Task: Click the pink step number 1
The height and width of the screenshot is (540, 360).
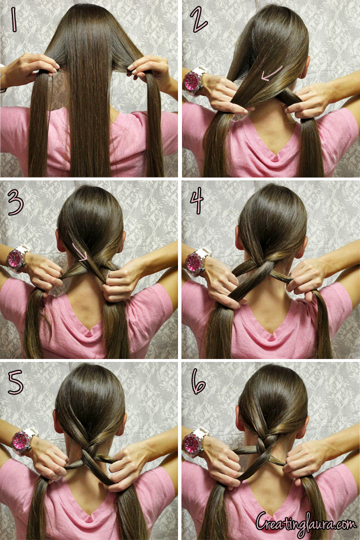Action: (14, 19)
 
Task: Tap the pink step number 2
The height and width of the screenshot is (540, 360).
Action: (200, 20)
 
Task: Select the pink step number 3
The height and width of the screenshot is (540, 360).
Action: (15, 203)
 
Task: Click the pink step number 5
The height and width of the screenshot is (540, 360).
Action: (15, 382)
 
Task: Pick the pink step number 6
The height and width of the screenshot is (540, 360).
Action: (198, 381)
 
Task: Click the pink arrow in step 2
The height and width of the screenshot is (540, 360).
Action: (271, 74)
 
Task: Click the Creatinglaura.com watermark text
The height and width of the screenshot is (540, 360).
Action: (306, 524)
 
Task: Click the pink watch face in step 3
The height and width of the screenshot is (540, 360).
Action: (15, 259)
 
